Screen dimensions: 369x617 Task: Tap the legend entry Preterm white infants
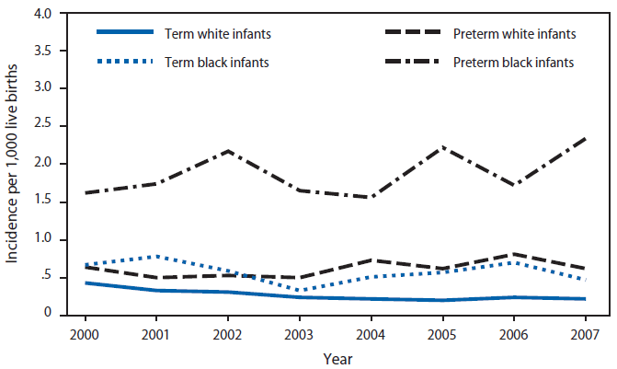pyautogui.click(x=514, y=34)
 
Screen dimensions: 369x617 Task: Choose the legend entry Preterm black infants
pyautogui.click(x=513, y=63)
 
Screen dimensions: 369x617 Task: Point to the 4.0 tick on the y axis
pyautogui.click(x=41, y=13)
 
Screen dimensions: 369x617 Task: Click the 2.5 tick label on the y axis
pyautogui.click(x=41, y=126)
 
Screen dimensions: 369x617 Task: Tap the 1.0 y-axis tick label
pyautogui.click(x=41, y=239)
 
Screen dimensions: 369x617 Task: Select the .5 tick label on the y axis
pyautogui.click(x=45, y=277)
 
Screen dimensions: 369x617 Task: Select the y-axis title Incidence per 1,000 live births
pyautogui.click(x=13, y=164)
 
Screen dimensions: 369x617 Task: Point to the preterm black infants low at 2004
pyautogui.click(x=368, y=197)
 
